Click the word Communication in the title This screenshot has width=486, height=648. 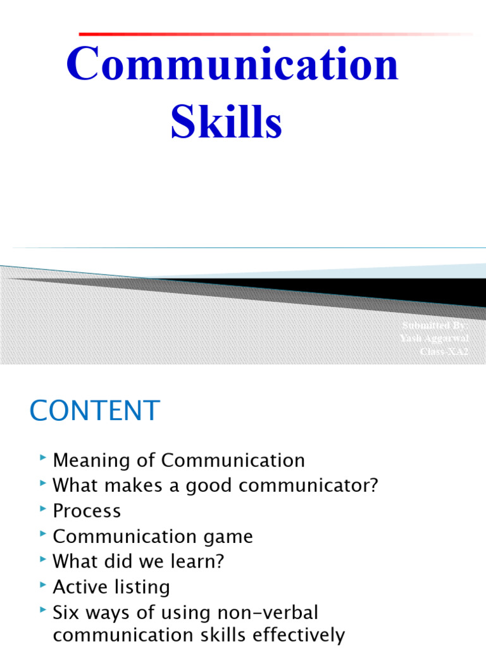(x=233, y=66)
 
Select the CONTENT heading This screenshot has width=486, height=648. (x=95, y=411)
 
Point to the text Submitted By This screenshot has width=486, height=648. (x=435, y=325)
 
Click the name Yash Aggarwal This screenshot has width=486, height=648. (x=435, y=338)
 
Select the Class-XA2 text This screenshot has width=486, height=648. (x=444, y=351)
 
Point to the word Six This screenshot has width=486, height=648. (x=67, y=612)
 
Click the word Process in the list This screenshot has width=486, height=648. (x=87, y=511)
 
